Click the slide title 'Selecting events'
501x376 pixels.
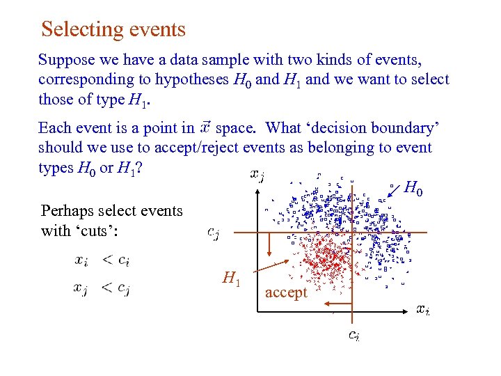pos(113,29)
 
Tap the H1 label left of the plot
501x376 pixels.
pos(231,279)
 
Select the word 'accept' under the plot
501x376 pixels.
pos(285,292)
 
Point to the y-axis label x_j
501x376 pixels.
pos(257,175)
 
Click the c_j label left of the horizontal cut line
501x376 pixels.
pos(214,233)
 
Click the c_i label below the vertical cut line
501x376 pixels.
pos(353,336)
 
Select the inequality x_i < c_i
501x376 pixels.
pos(102,260)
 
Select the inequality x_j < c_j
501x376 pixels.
pos(102,288)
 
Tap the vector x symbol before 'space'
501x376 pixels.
pos(205,127)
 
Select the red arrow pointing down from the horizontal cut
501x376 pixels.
pos(269,247)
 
